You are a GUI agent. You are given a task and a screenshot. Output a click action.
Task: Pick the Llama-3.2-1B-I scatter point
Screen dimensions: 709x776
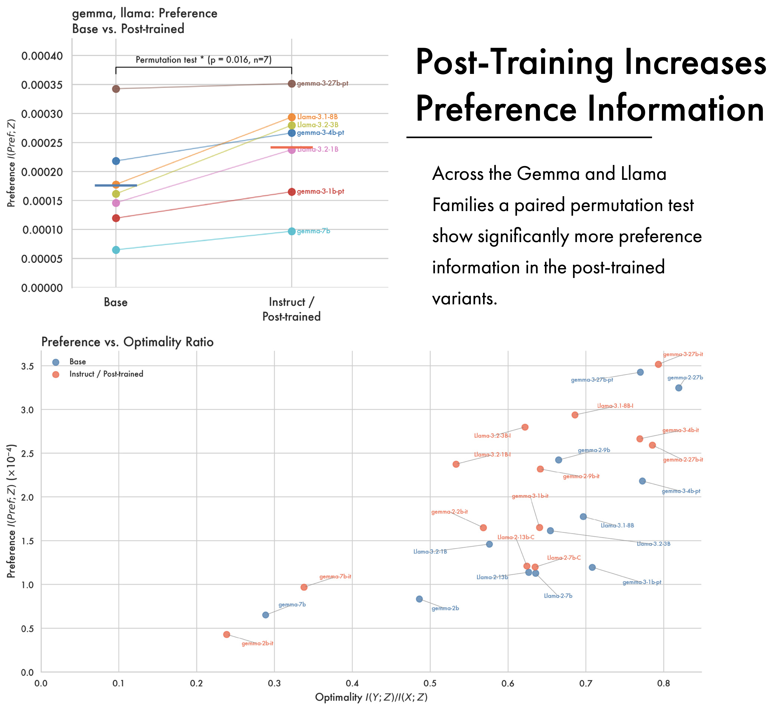coord(456,464)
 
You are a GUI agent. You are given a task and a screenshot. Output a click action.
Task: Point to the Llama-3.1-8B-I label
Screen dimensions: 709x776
coord(615,406)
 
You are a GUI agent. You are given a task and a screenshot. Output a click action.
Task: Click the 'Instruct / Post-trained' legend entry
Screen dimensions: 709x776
coord(106,374)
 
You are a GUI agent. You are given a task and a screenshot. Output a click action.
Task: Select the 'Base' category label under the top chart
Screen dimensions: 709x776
coord(115,302)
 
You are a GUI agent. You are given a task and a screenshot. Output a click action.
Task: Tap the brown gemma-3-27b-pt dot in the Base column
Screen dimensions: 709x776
coord(116,89)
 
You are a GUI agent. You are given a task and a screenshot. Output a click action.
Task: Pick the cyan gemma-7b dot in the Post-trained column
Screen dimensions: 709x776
coord(292,231)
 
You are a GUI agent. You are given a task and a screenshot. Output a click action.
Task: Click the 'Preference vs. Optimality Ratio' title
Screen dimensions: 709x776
coord(127,342)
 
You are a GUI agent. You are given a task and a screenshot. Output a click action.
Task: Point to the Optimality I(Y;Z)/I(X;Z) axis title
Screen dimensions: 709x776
coord(371,697)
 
